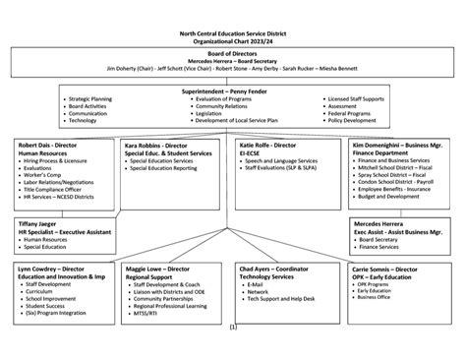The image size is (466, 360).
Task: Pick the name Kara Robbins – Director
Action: click(157, 145)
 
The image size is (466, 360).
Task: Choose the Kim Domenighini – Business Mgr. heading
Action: click(397, 145)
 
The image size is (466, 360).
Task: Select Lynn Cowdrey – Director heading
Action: click(52, 268)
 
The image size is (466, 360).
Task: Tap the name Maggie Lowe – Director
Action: click(160, 268)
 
